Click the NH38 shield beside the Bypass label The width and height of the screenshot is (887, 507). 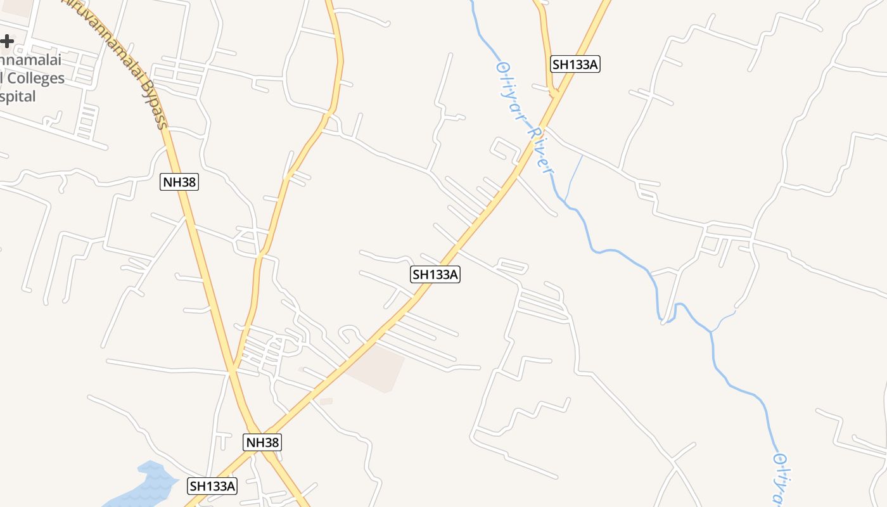pyautogui.click(x=179, y=182)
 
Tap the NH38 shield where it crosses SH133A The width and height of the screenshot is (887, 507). pyautogui.click(x=262, y=442)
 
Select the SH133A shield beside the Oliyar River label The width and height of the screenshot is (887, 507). pyautogui.click(x=575, y=64)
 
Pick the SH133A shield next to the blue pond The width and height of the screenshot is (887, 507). pyautogui.click(x=212, y=486)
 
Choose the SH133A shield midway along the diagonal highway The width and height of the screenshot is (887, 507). pyautogui.click(x=435, y=274)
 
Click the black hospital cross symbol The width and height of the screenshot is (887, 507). pyautogui.click(x=6, y=42)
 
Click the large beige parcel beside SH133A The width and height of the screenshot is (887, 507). pyautogui.click(x=378, y=366)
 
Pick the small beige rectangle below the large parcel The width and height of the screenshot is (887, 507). pyautogui.click(x=326, y=401)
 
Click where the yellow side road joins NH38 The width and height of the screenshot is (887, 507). pyautogui.click(x=233, y=368)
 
